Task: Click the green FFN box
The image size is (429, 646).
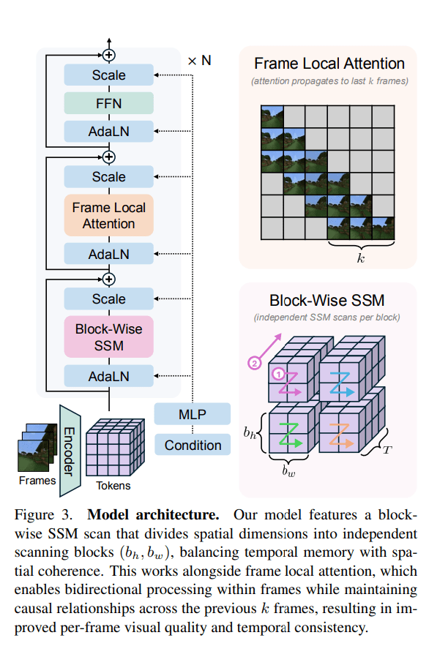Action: click(x=108, y=103)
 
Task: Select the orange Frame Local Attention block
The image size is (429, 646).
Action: click(x=108, y=215)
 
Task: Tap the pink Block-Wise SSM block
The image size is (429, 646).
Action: click(x=108, y=337)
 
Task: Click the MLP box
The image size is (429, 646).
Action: click(x=192, y=415)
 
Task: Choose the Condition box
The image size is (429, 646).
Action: click(x=192, y=445)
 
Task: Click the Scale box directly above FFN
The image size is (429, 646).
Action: click(x=108, y=75)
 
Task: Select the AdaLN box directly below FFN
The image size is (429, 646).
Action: click(x=108, y=132)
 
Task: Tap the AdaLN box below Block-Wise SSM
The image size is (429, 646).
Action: click(x=108, y=376)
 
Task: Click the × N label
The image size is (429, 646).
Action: click(x=199, y=61)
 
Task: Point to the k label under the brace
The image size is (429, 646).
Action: click(x=360, y=258)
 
